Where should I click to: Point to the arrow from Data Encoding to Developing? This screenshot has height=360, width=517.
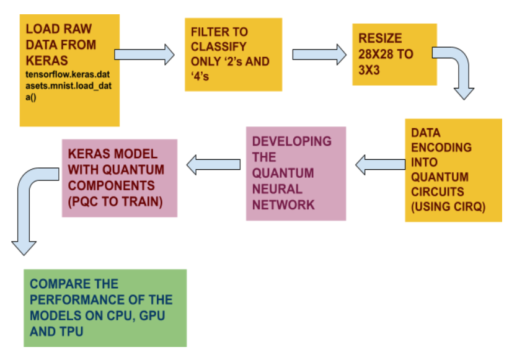pyautogui.click(x=379, y=164)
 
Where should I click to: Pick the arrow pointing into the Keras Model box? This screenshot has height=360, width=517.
pyautogui.click(x=213, y=165)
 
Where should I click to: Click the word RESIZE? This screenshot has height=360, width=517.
pyautogui.click(x=380, y=38)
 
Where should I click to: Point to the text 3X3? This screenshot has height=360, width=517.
pyautogui.click(x=370, y=70)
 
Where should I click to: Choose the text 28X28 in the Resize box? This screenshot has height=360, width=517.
pyautogui.click(x=377, y=55)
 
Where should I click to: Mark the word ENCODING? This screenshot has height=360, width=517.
pyautogui.click(x=441, y=147)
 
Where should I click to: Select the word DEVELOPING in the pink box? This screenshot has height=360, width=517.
pyautogui.click(x=291, y=141)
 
